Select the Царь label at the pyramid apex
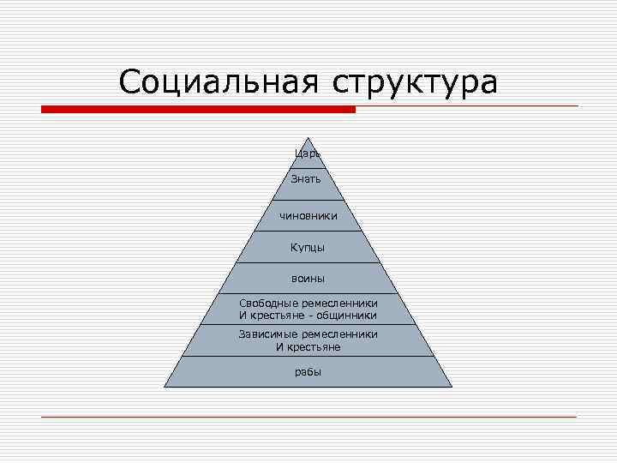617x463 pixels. coord(308,153)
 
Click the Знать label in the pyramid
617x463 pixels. coord(308,179)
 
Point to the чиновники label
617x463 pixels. coord(308,216)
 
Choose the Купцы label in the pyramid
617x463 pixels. coord(308,247)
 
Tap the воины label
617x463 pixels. coord(308,279)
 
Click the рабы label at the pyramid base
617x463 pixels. coord(308,372)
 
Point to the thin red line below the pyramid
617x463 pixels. coord(308,417)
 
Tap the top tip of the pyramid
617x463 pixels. coord(308,138)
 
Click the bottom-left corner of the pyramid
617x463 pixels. coord(165,388)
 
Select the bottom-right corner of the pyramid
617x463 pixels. coord(452,388)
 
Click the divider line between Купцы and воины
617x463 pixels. coord(308,262)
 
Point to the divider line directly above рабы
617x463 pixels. coord(308,356)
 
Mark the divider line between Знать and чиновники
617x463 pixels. coord(308,201)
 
